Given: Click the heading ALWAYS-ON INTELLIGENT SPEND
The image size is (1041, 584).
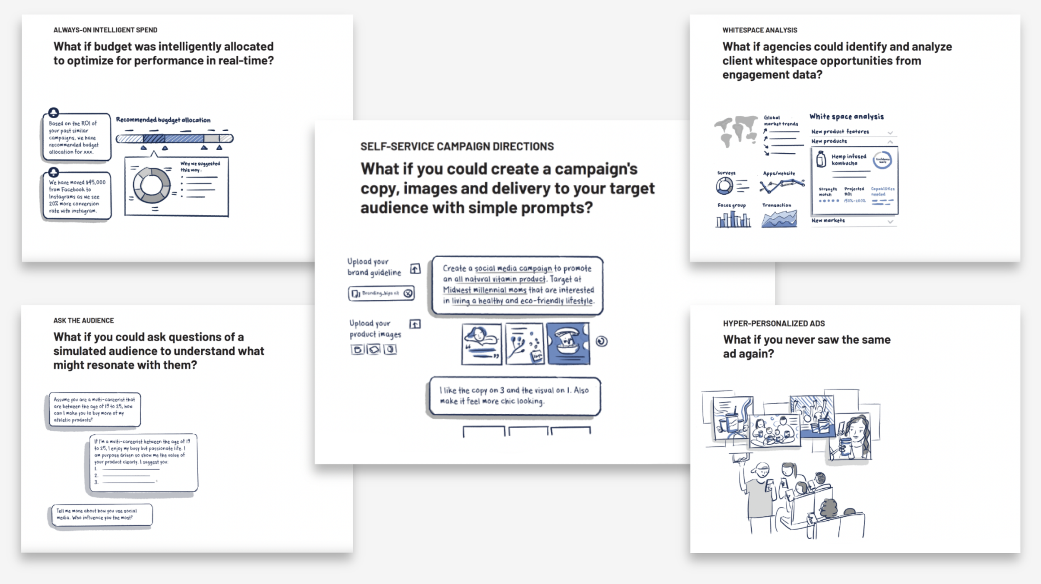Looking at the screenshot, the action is coord(105,30).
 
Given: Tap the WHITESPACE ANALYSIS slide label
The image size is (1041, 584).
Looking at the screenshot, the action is coord(760,30).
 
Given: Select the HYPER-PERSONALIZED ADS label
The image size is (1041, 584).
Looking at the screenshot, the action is coord(774,323).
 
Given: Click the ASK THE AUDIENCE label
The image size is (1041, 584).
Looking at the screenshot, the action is coord(83,321).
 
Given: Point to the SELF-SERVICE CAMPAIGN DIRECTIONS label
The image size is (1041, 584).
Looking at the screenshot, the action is coord(457,147).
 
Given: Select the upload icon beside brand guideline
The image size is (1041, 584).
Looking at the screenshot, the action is coord(415,269).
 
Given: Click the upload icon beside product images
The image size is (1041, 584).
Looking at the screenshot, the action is coord(415,324).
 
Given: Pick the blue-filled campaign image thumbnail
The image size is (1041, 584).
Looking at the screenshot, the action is coord(568,344).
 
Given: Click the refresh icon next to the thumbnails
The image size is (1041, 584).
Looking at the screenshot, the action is coord(602,341).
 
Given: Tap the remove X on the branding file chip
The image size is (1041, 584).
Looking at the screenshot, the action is coord(408,293).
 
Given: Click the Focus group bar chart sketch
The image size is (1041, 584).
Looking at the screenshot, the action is coord(733,219).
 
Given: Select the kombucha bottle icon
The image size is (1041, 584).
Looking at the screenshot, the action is coord(821,159).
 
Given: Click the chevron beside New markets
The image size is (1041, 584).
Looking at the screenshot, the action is coord(890,221).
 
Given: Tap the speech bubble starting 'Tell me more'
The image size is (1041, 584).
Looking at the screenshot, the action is coord(100,514).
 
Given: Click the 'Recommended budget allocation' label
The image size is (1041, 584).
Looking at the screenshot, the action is coord(163,120).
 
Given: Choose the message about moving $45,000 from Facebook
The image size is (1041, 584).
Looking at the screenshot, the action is coord(77,196).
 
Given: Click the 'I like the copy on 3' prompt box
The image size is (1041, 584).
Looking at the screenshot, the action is coord(515,396).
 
